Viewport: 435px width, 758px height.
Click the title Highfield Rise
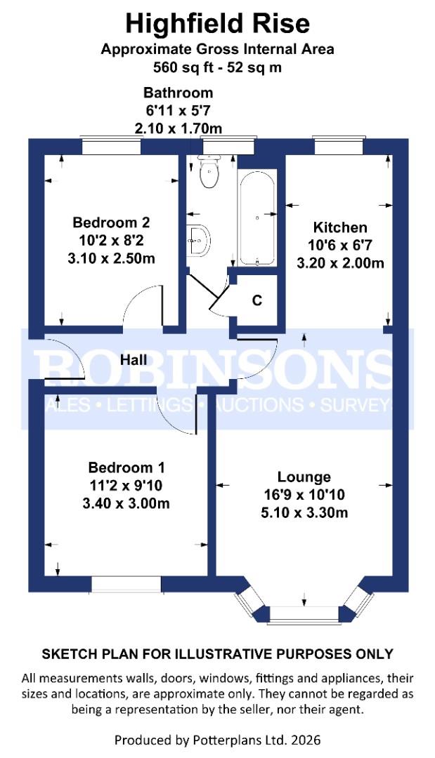(x=217, y=24)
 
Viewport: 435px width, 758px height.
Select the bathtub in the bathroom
(x=258, y=218)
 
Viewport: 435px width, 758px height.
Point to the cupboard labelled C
(x=257, y=300)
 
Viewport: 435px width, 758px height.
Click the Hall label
(x=134, y=360)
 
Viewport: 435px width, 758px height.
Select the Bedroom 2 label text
(x=111, y=222)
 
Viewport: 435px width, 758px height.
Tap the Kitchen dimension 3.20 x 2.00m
(x=340, y=264)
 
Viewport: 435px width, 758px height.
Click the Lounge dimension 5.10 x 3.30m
(x=304, y=513)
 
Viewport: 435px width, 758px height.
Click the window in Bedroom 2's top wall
(x=112, y=147)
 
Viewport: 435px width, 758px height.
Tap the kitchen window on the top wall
(x=339, y=147)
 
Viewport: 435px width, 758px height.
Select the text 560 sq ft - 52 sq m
(x=217, y=68)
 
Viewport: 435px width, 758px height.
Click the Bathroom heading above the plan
(x=178, y=93)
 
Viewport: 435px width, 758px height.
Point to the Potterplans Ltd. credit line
(x=217, y=740)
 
